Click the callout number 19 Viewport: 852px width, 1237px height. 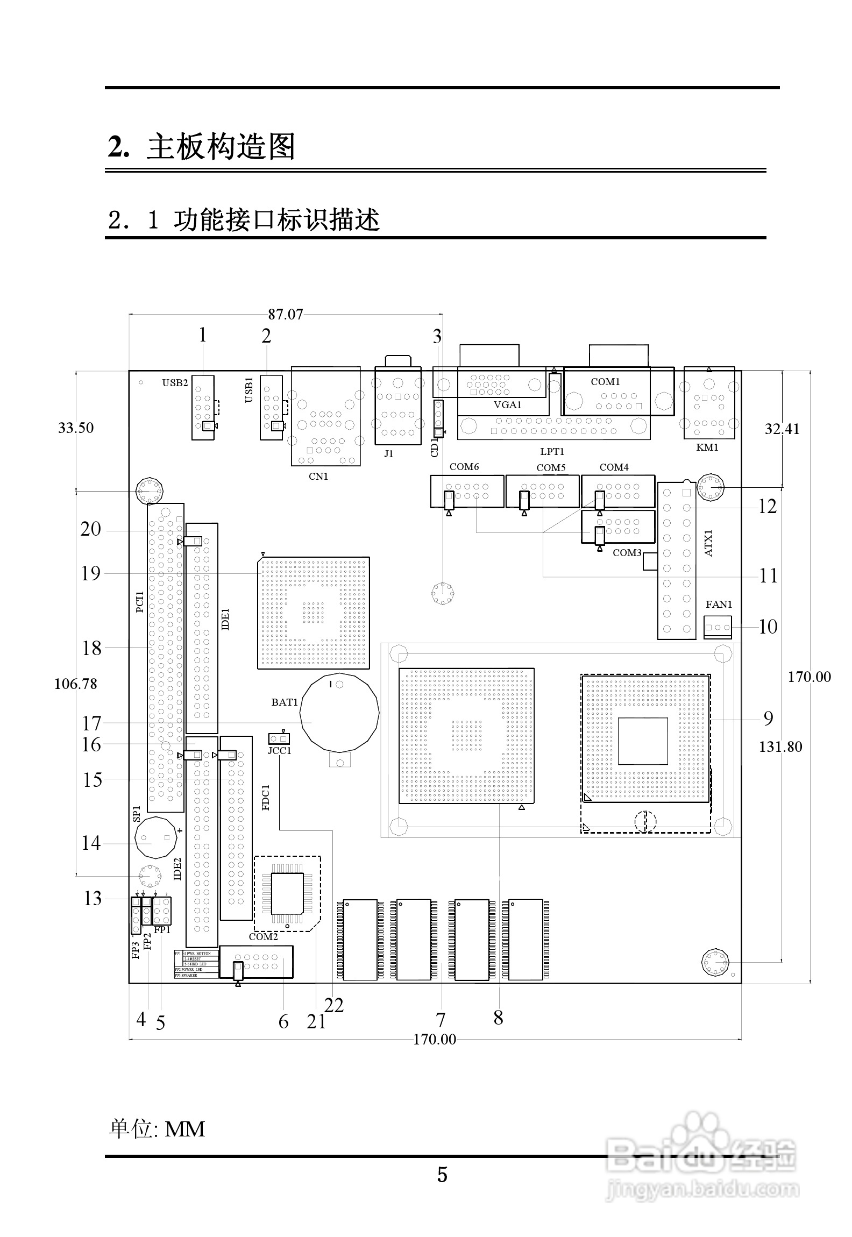click(x=91, y=573)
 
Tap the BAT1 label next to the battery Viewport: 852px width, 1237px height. click(x=285, y=702)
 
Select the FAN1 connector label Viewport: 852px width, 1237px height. click(x=719, y=605)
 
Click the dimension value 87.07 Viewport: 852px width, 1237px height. click(x=286, y=315)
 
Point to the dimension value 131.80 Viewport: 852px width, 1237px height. click(x=780, y=747)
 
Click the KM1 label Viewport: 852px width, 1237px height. click(x=707, y=447)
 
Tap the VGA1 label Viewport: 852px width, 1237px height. click(x=508, y=405)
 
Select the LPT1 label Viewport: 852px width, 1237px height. click(x=552, y=452)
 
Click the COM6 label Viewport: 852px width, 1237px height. click(x=464, y=467)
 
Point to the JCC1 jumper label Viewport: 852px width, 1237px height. click(x=280, y=751)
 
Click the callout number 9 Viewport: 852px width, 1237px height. click(x=769, y=718)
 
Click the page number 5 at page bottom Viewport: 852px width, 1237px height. click(x=442, y=1175)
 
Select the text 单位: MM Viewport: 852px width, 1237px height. click(x=157, y=1129)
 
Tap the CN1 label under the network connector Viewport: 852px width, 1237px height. click(x=318, y=476)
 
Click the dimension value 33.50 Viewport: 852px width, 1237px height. click(x=76, y=428)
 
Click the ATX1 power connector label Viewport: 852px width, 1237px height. click(x=708, y=543)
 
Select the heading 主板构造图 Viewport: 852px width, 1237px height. click(x=221, y=147)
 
